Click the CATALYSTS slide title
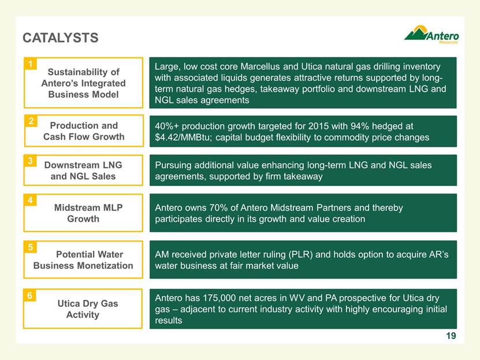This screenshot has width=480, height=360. tap(60, 38)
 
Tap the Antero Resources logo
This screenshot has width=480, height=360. tap(431, 35)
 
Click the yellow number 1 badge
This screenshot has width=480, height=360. tap(30, 64)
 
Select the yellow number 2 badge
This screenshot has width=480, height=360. tap(31, 121)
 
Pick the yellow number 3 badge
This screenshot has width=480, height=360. tap(30, 161)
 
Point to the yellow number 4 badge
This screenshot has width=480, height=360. tap(30, 200)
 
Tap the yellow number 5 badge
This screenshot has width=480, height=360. tap(30, 247)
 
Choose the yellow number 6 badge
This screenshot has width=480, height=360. tap(29, 295)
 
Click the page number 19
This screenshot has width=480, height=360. tap(451, 336)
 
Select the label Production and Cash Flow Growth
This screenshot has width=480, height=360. tap(84, 131)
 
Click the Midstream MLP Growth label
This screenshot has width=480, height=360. tap(88, 213)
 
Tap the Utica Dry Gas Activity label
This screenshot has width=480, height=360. tap(88, 309)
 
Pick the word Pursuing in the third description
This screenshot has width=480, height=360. tap(173, 166)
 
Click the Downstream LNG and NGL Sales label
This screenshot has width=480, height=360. tap(83, 170)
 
